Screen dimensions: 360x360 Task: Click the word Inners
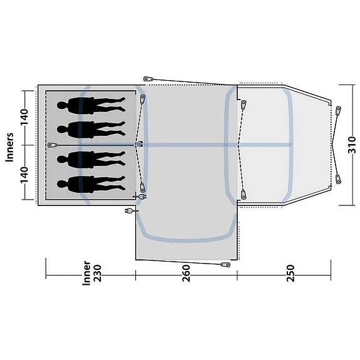[10, 145]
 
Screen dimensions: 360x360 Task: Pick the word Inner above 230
[86, 274]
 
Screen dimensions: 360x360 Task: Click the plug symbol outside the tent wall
[131, 211]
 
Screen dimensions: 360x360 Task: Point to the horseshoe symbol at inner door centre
[140, 145]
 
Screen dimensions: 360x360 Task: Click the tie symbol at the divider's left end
[50, 145]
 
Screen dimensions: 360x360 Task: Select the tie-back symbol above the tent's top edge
[148, 79]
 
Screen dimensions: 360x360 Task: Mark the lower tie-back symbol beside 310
[339, 180]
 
